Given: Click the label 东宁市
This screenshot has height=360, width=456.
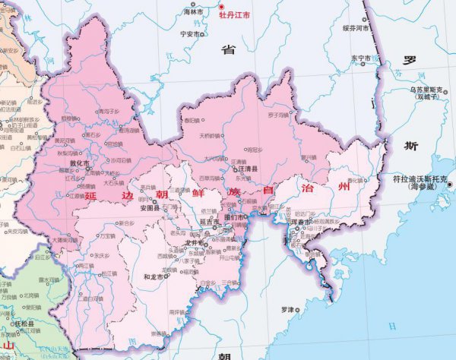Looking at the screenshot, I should (359, 58).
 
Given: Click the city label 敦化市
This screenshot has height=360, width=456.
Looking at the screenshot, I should (79, 163).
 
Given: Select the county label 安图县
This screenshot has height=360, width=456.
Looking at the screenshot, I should (148, 207).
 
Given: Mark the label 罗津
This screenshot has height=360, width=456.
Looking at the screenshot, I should (287, 309).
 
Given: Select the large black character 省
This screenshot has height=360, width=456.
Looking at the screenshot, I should (228, 50).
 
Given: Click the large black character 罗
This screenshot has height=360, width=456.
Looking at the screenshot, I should (410, 59).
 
